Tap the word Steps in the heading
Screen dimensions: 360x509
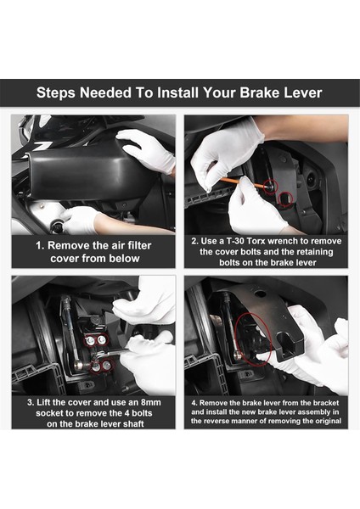[x=56, y=93]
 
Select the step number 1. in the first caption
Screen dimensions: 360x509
[x=40, y=246]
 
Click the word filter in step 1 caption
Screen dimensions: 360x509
[x=139, y=246]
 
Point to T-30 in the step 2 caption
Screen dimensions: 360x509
[x=234, y=241]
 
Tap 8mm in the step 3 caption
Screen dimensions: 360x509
[x=150, y=402]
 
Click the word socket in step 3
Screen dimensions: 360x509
[x=49, y=413]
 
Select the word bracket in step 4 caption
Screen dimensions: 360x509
[x=326, y=403]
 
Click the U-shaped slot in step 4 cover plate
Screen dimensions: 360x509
[x=287, y=344]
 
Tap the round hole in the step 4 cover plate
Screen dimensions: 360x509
[x=260, y=294]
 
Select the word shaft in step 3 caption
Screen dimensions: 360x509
[x=133, y=424]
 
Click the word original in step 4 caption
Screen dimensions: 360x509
[x=329, y=421]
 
